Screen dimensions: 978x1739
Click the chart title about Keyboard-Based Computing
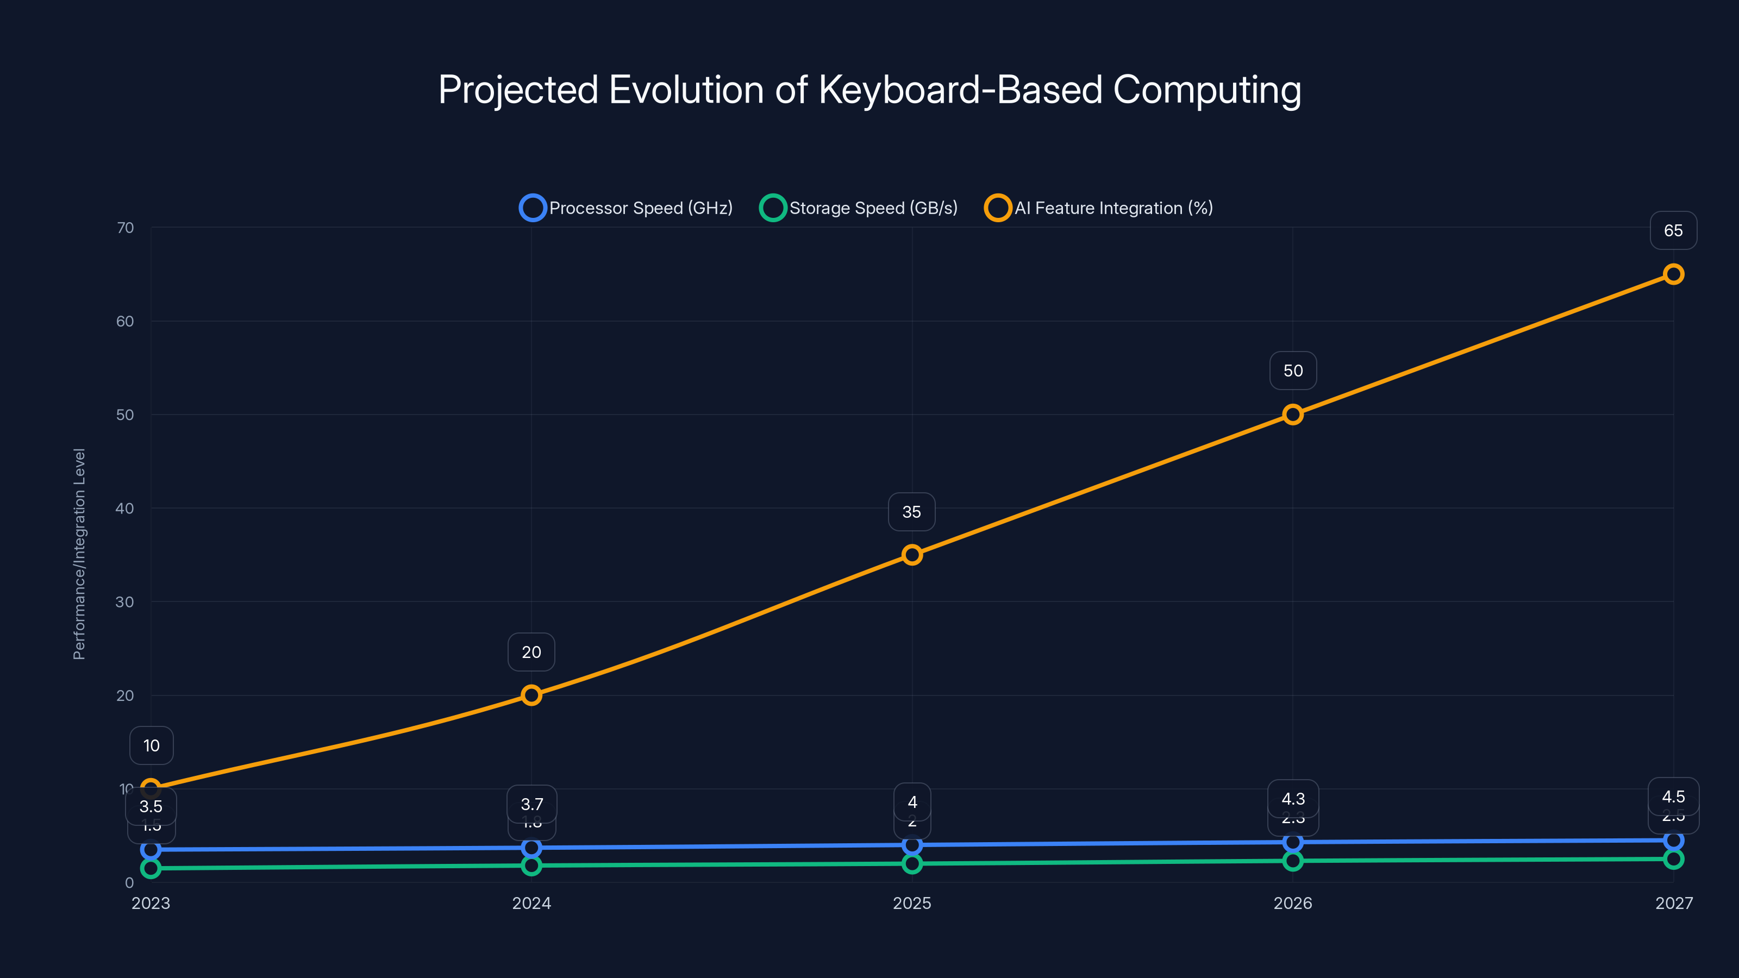point(869,89)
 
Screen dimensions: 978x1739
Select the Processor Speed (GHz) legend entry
point(627,208)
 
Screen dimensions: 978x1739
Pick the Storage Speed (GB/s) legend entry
point(859,208)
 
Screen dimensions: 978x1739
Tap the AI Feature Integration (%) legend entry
point(1099,208)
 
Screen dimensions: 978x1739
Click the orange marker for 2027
point(1673,274)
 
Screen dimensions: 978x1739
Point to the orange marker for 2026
point(1293,415)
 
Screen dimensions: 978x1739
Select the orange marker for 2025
point(912,555)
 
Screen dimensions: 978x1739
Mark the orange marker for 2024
point(531,695)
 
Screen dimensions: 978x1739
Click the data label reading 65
point(1673,231)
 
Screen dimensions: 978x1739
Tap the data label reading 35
point(911,512)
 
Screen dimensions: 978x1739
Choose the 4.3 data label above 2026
point(1293,799)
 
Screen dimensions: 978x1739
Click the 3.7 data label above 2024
point(531,805)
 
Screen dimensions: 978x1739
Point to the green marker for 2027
point(1673,859)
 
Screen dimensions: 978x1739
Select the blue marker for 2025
point(912,845)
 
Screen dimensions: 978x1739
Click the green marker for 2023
point(151,869)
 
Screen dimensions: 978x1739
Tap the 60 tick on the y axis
point(125,321)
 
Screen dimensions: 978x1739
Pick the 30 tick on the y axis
point(125,602)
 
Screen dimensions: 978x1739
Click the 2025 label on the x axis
point(912,903)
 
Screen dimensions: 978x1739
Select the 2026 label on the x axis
point(1293,903)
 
